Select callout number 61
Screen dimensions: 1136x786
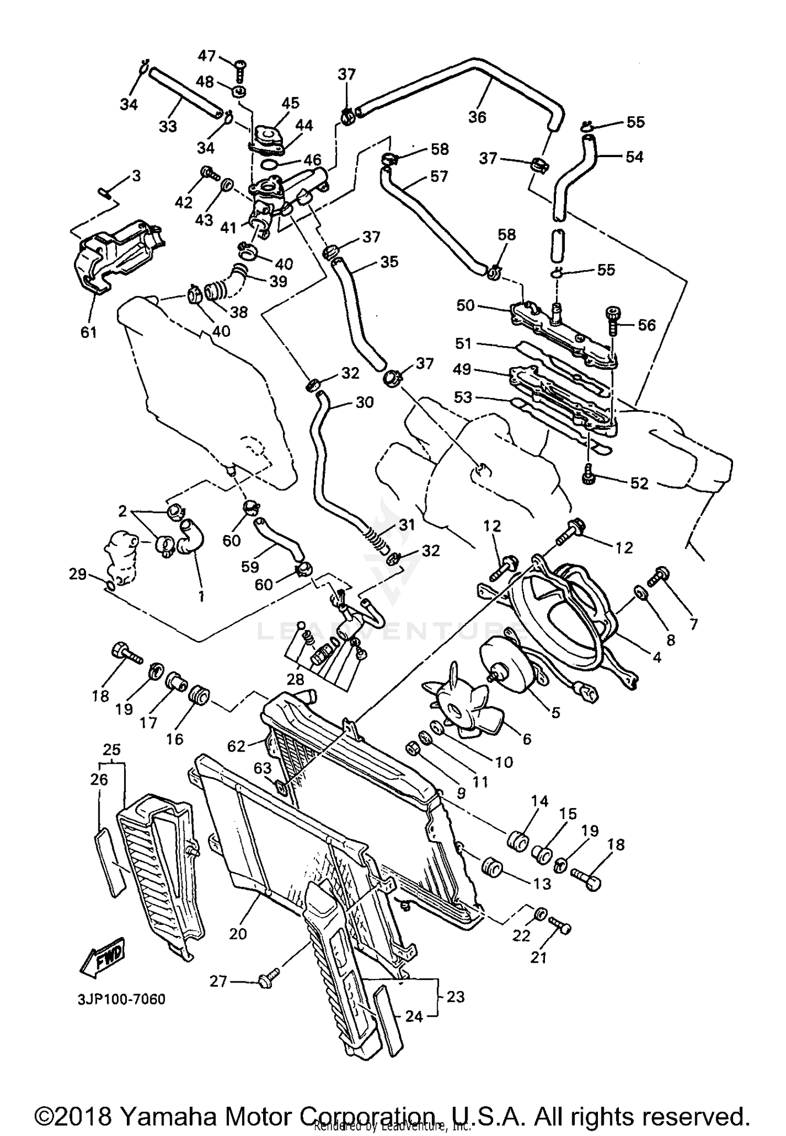pyautogui.click(x=89, y=332)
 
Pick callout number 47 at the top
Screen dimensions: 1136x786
pyautogui.click(x=206, y=55)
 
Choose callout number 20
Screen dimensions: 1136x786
pyautogui.click(x=238, y=933)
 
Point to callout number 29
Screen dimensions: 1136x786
pyautogui.click(x=78, y=574)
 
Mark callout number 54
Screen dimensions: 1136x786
pyautogui.click(x=634, y=156)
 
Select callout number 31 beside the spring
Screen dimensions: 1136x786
pyautogui.click(x=406, y=524)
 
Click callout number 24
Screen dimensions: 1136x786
pyautogui.click(x=413, y=1016)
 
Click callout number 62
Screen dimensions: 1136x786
pyautogui.click(x=236, y=745)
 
